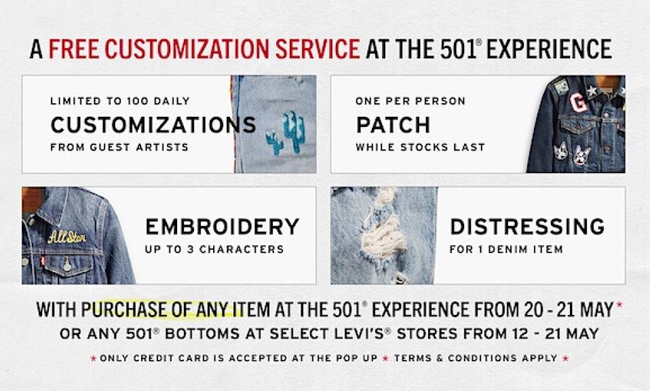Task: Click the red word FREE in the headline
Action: [x=74, y=49]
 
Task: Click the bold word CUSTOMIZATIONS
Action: [x=153, y=125]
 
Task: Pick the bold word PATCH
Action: [x=393, y=125]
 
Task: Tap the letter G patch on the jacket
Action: [x=578, y=103]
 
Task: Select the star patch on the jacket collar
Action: [x=592, y=91]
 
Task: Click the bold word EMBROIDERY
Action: [x=222, y=227]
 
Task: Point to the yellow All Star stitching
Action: [x=66, y=237]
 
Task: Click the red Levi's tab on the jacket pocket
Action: [x=43, y=261]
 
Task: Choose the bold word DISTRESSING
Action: [x=527, y=227]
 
